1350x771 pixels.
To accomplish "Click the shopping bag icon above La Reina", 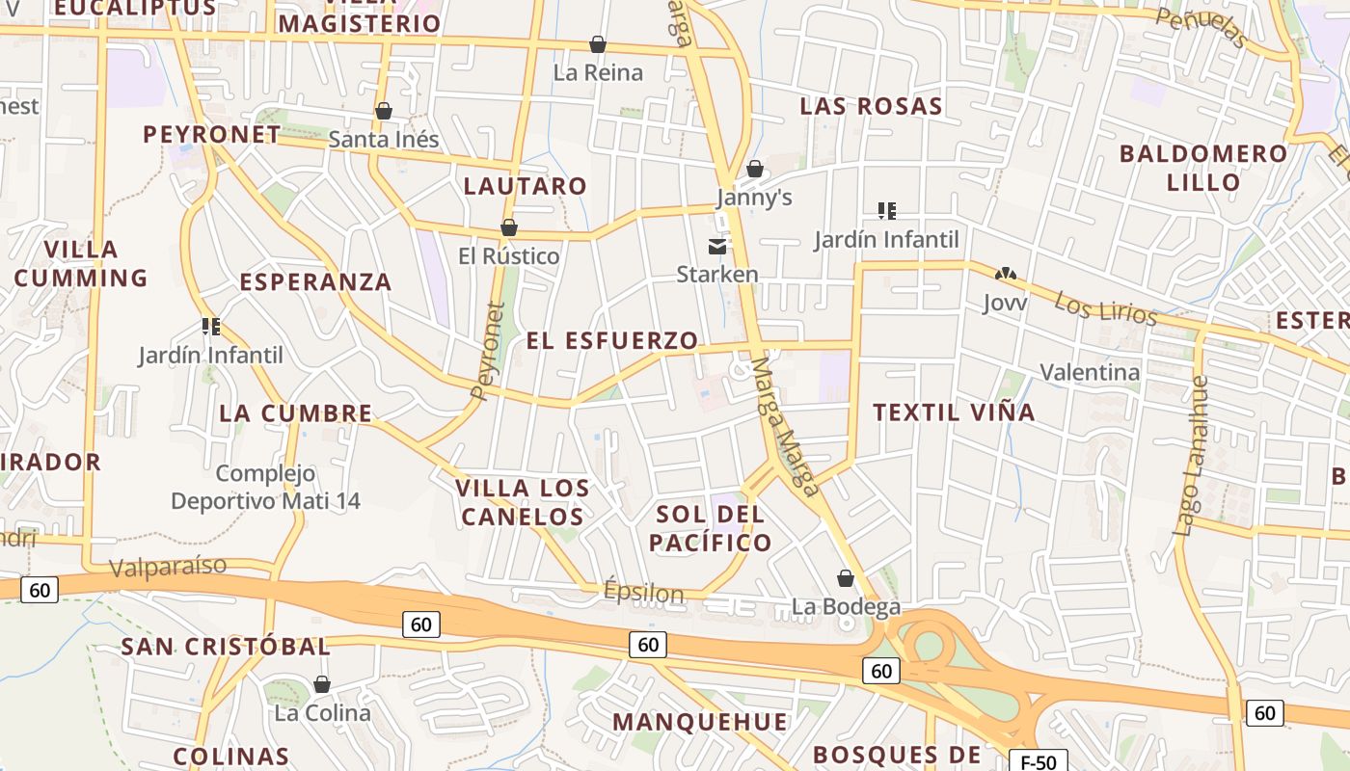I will pyautogui.click(x=598, y=44).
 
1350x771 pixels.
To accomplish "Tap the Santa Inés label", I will pyautogui.click(x=384, y=140).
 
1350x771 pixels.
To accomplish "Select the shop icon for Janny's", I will pyautogui.click(x=755, y=170).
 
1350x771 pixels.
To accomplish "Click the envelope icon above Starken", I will pyautogui.click(x=717, y=247).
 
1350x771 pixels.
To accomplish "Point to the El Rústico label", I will pyautogui.click(x=508, y=256).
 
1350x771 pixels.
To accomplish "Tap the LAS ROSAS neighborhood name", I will pyautogui.click(x=871, y=106).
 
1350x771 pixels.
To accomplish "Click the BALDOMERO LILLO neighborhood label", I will pyautogui.click(x=1203, y=168).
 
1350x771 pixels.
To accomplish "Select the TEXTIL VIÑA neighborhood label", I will pyautogui.click(x=954, y=412).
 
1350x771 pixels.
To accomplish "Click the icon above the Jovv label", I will pyautogui.click(x=1006, y=275).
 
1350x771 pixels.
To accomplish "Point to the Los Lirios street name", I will pyautogui.click(x=1105, y=308).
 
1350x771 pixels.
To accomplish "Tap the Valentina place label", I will pyautogui.click(x=1090, y=372).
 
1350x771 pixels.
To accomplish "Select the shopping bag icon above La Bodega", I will pyautogui.click(x=846, y=578).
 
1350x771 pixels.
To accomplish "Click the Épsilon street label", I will pyautogui.click(x=643, y=591).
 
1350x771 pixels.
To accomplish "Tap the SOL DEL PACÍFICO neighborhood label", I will pyautogui.click(x=711, y=527).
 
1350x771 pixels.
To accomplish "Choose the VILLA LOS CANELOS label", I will pyautogui.click(x=523, y=502).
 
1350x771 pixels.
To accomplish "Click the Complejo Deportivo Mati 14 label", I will pyautogui.click(x=265, y=487).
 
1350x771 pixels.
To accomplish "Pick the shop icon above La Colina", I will pyautogui.click(x=322, y=684).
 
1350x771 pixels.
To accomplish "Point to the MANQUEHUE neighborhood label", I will pyautogui.click(x=700, y=722).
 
